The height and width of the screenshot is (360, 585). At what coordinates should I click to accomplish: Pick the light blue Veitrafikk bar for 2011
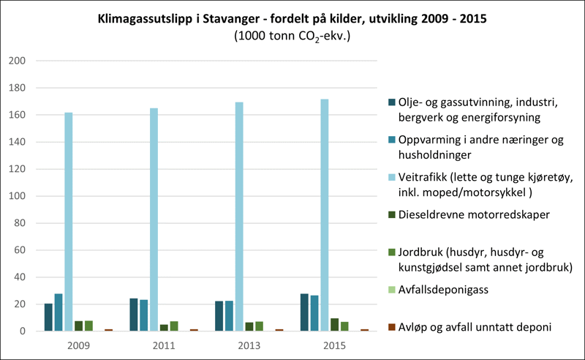154,220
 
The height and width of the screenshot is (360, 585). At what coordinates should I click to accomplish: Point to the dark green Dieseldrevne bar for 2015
334,325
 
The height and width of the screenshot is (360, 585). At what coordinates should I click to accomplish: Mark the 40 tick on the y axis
18,277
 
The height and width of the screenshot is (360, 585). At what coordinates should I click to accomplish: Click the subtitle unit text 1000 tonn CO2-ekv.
292,35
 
